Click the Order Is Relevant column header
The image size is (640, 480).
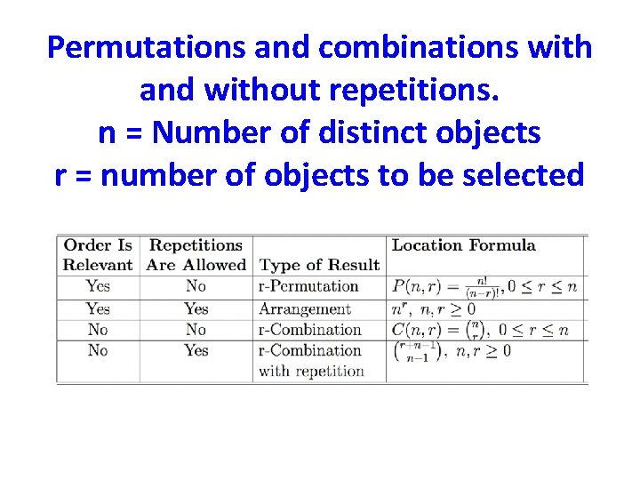[98, 254]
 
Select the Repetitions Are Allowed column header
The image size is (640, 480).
[196, 254]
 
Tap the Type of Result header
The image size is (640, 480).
[319, 265]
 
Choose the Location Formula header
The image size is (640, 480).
[463, 244]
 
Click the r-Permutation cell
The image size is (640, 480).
[308, 286]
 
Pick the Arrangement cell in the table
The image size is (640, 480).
[304, 309]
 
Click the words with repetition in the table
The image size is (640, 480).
[311, 371]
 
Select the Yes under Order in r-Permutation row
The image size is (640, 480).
[98, 286]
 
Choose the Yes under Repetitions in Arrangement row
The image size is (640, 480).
[196, 309]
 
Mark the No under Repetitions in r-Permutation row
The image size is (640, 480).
[196, 286]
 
